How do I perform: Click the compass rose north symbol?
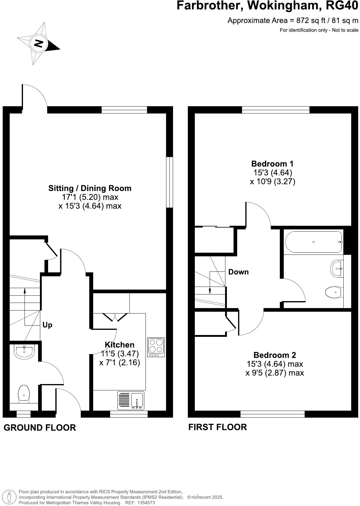pos(38,43)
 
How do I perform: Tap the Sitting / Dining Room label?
pos(90,188)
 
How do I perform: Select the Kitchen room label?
pos(119,345)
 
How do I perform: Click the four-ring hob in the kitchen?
pos(156,347)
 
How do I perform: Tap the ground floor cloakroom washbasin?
pos(24,352)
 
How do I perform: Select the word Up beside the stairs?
pos(47,325)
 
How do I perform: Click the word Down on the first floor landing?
pos(238,272)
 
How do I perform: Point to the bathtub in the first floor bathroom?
pos(313,242)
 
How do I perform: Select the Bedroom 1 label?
pos(272,164)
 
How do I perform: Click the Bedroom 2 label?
pos(275,355)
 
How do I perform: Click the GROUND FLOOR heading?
pos(40,428)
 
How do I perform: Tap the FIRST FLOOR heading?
pos(218,427)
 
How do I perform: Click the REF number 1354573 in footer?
pos(146,503)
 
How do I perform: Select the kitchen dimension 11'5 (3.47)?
pos(120,353)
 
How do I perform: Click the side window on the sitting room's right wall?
pos(170,182)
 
